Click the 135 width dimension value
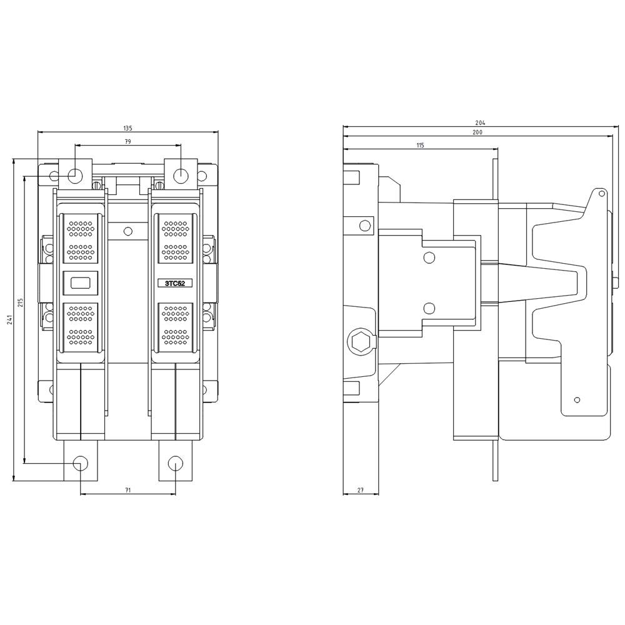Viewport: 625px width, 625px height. tap(127, 128)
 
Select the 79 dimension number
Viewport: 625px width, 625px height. tap(127, 142)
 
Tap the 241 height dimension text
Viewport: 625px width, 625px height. tap(9, 320)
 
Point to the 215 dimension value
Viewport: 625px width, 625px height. tap(21, 302)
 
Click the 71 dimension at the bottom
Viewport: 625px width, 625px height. tap(127, 491)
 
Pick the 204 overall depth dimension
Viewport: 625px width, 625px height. tap(480, 123)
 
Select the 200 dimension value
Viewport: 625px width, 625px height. tap(477, 132)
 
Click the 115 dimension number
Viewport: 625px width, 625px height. tap(420, 145)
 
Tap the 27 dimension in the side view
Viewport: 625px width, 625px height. tap(361, 491)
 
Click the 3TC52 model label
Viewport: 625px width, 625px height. tap(175, 283)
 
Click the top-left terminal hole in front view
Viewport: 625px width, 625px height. tap(74, 175)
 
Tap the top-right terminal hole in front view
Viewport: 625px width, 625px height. tap(180, 175)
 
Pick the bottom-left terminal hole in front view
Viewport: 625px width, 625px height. tap(81, 463)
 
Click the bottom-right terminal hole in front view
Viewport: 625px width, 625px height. tap(176, 463)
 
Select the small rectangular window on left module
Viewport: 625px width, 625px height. tap(81, 283)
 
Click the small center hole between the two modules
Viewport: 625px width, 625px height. tap(128, 231)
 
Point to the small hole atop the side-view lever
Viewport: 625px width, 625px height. tap(601, 194)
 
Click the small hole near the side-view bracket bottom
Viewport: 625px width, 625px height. tap(577, 399)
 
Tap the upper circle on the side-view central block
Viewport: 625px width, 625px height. tap(429, 257)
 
